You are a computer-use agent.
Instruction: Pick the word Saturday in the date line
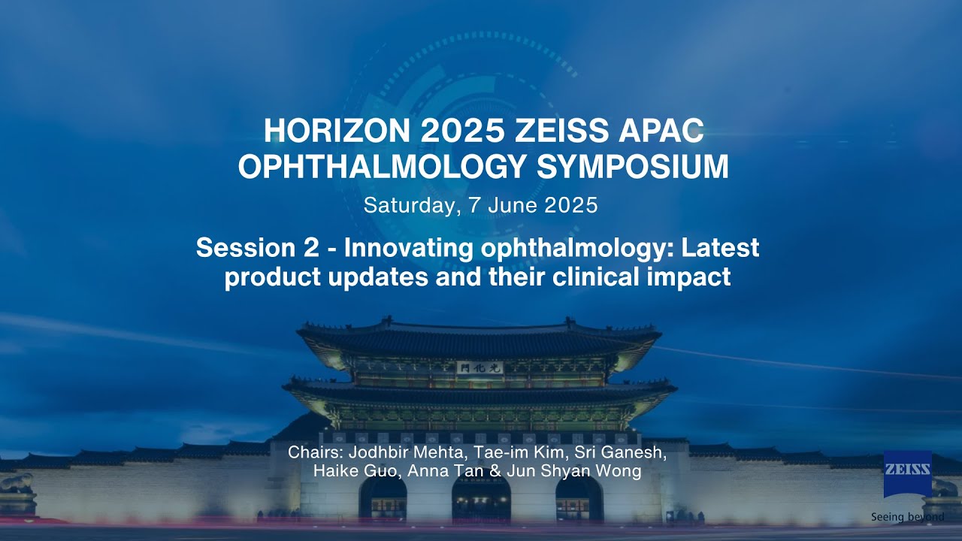(x=410, y=205)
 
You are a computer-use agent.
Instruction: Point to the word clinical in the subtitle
(x=583, y=277)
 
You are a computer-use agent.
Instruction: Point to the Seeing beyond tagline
(x=907, y=517)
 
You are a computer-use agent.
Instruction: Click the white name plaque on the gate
(x=478, y=367)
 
